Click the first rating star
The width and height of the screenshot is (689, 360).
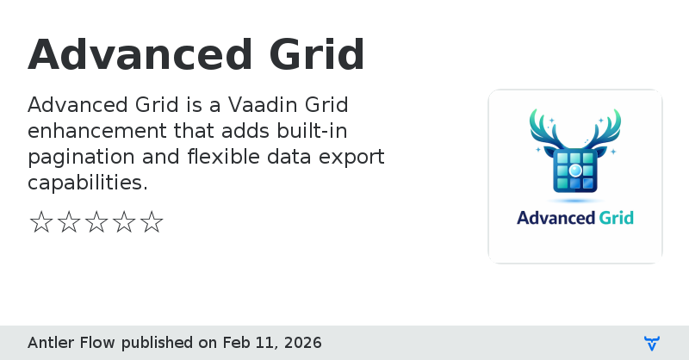coord(41,223)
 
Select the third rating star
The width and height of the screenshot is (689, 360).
coord(96,223)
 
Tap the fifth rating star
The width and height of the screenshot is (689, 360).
coord(152,223)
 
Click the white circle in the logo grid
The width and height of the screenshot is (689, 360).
coord(575,171)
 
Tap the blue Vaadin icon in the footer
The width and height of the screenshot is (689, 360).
coord(652,344)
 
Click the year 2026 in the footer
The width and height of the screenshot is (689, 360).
coord(302,343)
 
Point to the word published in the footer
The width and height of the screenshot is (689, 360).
coord(158,343)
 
